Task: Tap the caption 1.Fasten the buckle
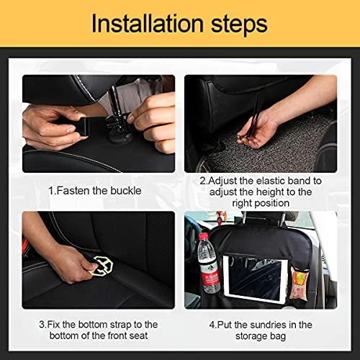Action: (x=94, y=191)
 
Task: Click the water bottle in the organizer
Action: (x=207, y=264)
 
